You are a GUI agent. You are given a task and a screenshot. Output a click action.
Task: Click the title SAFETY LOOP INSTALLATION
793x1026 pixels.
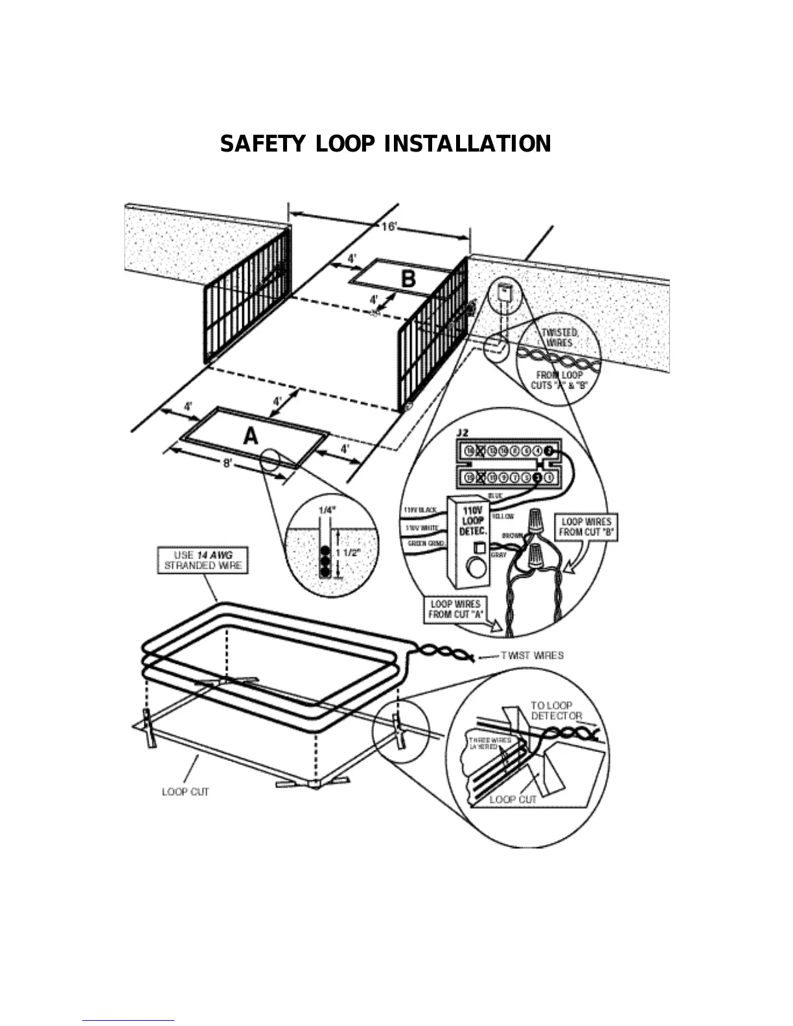click(385, 144)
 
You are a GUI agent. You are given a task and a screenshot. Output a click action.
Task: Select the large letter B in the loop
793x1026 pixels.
click(408, 279)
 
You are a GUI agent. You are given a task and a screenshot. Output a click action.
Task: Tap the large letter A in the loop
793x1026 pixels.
click(251, 437)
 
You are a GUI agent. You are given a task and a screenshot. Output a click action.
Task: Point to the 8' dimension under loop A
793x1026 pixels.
click(229, 464)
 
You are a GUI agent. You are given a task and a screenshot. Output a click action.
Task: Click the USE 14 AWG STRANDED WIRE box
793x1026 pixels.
click(203, 560)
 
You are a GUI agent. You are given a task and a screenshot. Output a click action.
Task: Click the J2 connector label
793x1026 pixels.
click(463, 432)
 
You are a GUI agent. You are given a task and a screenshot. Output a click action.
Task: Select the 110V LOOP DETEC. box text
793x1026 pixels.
click(473, 521)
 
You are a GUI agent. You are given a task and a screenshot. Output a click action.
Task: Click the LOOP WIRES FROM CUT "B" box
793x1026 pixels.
click(586, 527)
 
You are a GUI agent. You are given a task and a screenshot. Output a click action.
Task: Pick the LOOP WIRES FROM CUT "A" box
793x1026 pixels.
click(455, 609)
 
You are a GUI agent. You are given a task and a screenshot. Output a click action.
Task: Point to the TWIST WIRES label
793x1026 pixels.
click(532, 655)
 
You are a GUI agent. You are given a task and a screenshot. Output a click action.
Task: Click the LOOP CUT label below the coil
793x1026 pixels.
click(185, 792)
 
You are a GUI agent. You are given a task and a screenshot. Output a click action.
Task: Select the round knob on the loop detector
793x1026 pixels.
click(477, 569)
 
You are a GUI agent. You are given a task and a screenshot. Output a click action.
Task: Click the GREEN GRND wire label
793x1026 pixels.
click(425, 543)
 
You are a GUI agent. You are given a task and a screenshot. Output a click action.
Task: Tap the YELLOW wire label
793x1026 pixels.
click(503, 516)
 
